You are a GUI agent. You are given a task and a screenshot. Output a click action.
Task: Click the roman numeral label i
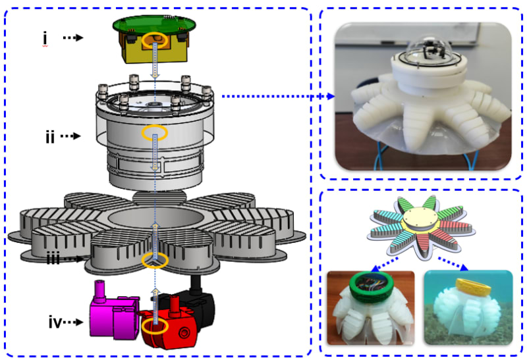(45, 38)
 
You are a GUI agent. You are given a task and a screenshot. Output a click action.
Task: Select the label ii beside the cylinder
(50, 136)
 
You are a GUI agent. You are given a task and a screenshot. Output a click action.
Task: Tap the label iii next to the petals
(53, 258)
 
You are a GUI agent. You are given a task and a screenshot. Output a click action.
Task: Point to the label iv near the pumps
(55, 322)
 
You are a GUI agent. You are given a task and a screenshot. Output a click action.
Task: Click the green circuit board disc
(154, 24)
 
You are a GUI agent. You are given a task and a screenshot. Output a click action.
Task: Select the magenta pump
(113, 313)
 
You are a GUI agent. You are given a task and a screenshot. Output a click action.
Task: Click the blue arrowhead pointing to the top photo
(331, 96)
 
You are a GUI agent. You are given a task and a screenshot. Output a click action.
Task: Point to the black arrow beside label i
(73, 38)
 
